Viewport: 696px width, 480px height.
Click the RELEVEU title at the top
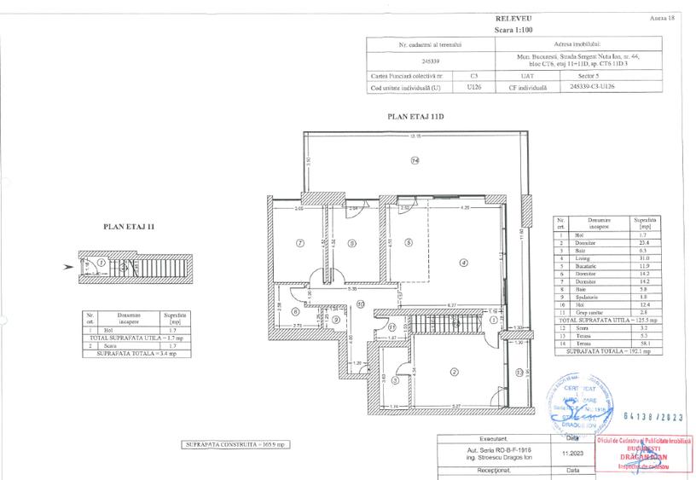coord(512,18)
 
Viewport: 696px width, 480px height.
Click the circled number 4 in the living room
coord(463,263)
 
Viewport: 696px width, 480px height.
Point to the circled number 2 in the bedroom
coord(454,372)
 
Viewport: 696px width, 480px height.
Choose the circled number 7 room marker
coord(299,243)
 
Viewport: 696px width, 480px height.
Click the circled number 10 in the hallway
coord(361,304)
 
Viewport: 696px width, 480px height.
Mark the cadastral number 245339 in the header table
coord(431,61)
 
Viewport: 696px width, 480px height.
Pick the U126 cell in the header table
coord(474,86)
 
